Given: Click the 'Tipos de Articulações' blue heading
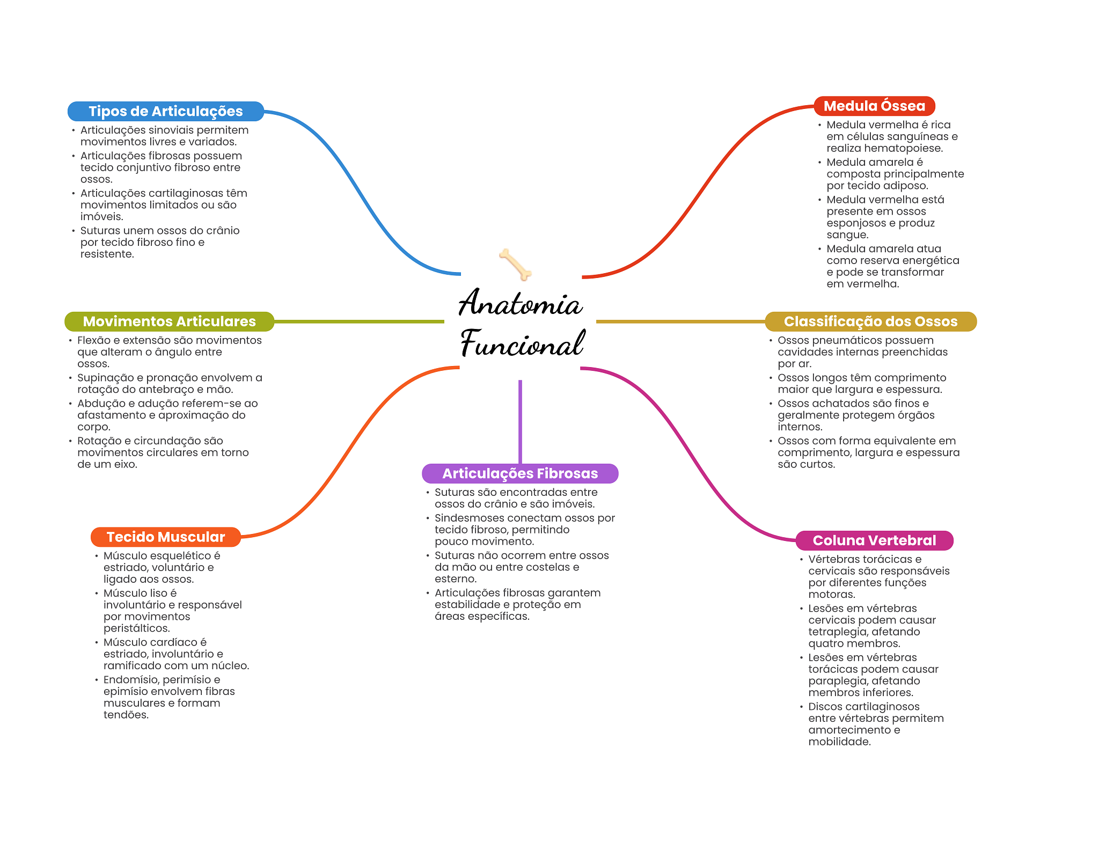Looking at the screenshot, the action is tap(165, 111).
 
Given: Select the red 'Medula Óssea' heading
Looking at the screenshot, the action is tap(874, 106).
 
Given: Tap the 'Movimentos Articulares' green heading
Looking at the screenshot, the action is tap(169, 321).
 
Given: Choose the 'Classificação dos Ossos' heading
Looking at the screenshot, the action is tap(870, 321).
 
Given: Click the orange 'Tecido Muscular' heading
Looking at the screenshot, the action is tap(166, 537).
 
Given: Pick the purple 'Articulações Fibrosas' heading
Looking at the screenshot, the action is tap(520, 473).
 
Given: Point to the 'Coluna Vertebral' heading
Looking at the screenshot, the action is tap(874, 540).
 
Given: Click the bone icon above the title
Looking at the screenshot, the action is tap(515, 264).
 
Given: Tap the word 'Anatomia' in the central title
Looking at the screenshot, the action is tap(520, 303).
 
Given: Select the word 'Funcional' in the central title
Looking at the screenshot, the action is tap(522, 344).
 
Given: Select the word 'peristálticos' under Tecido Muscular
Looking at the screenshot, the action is tap(136, 628).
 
